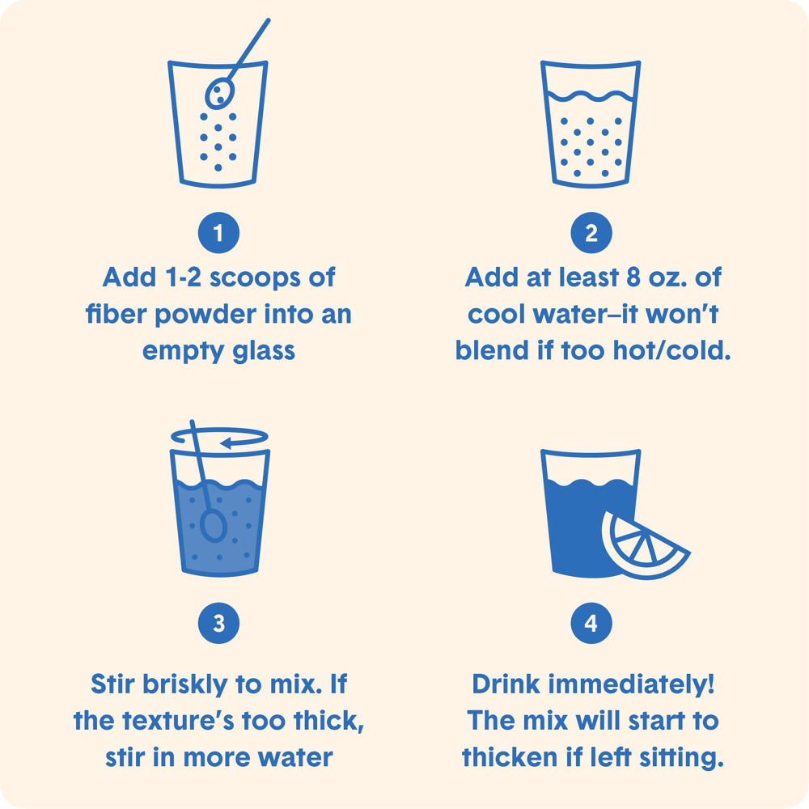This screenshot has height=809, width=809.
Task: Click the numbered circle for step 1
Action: [218, 233]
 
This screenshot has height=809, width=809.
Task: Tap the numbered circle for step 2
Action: [591, 233]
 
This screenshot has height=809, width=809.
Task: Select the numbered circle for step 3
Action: [218, 623]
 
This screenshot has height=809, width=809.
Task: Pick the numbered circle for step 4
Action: [591, 623]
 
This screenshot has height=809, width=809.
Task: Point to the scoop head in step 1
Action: [220, 93]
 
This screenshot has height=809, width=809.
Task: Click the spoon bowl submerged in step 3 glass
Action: [213, 526]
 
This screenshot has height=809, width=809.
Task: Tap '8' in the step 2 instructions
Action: [633, 277]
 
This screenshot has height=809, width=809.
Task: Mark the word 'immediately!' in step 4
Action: [631, 684]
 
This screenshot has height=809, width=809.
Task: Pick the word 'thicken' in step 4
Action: [510, 757]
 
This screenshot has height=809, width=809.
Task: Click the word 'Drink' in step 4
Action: [506, 684]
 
